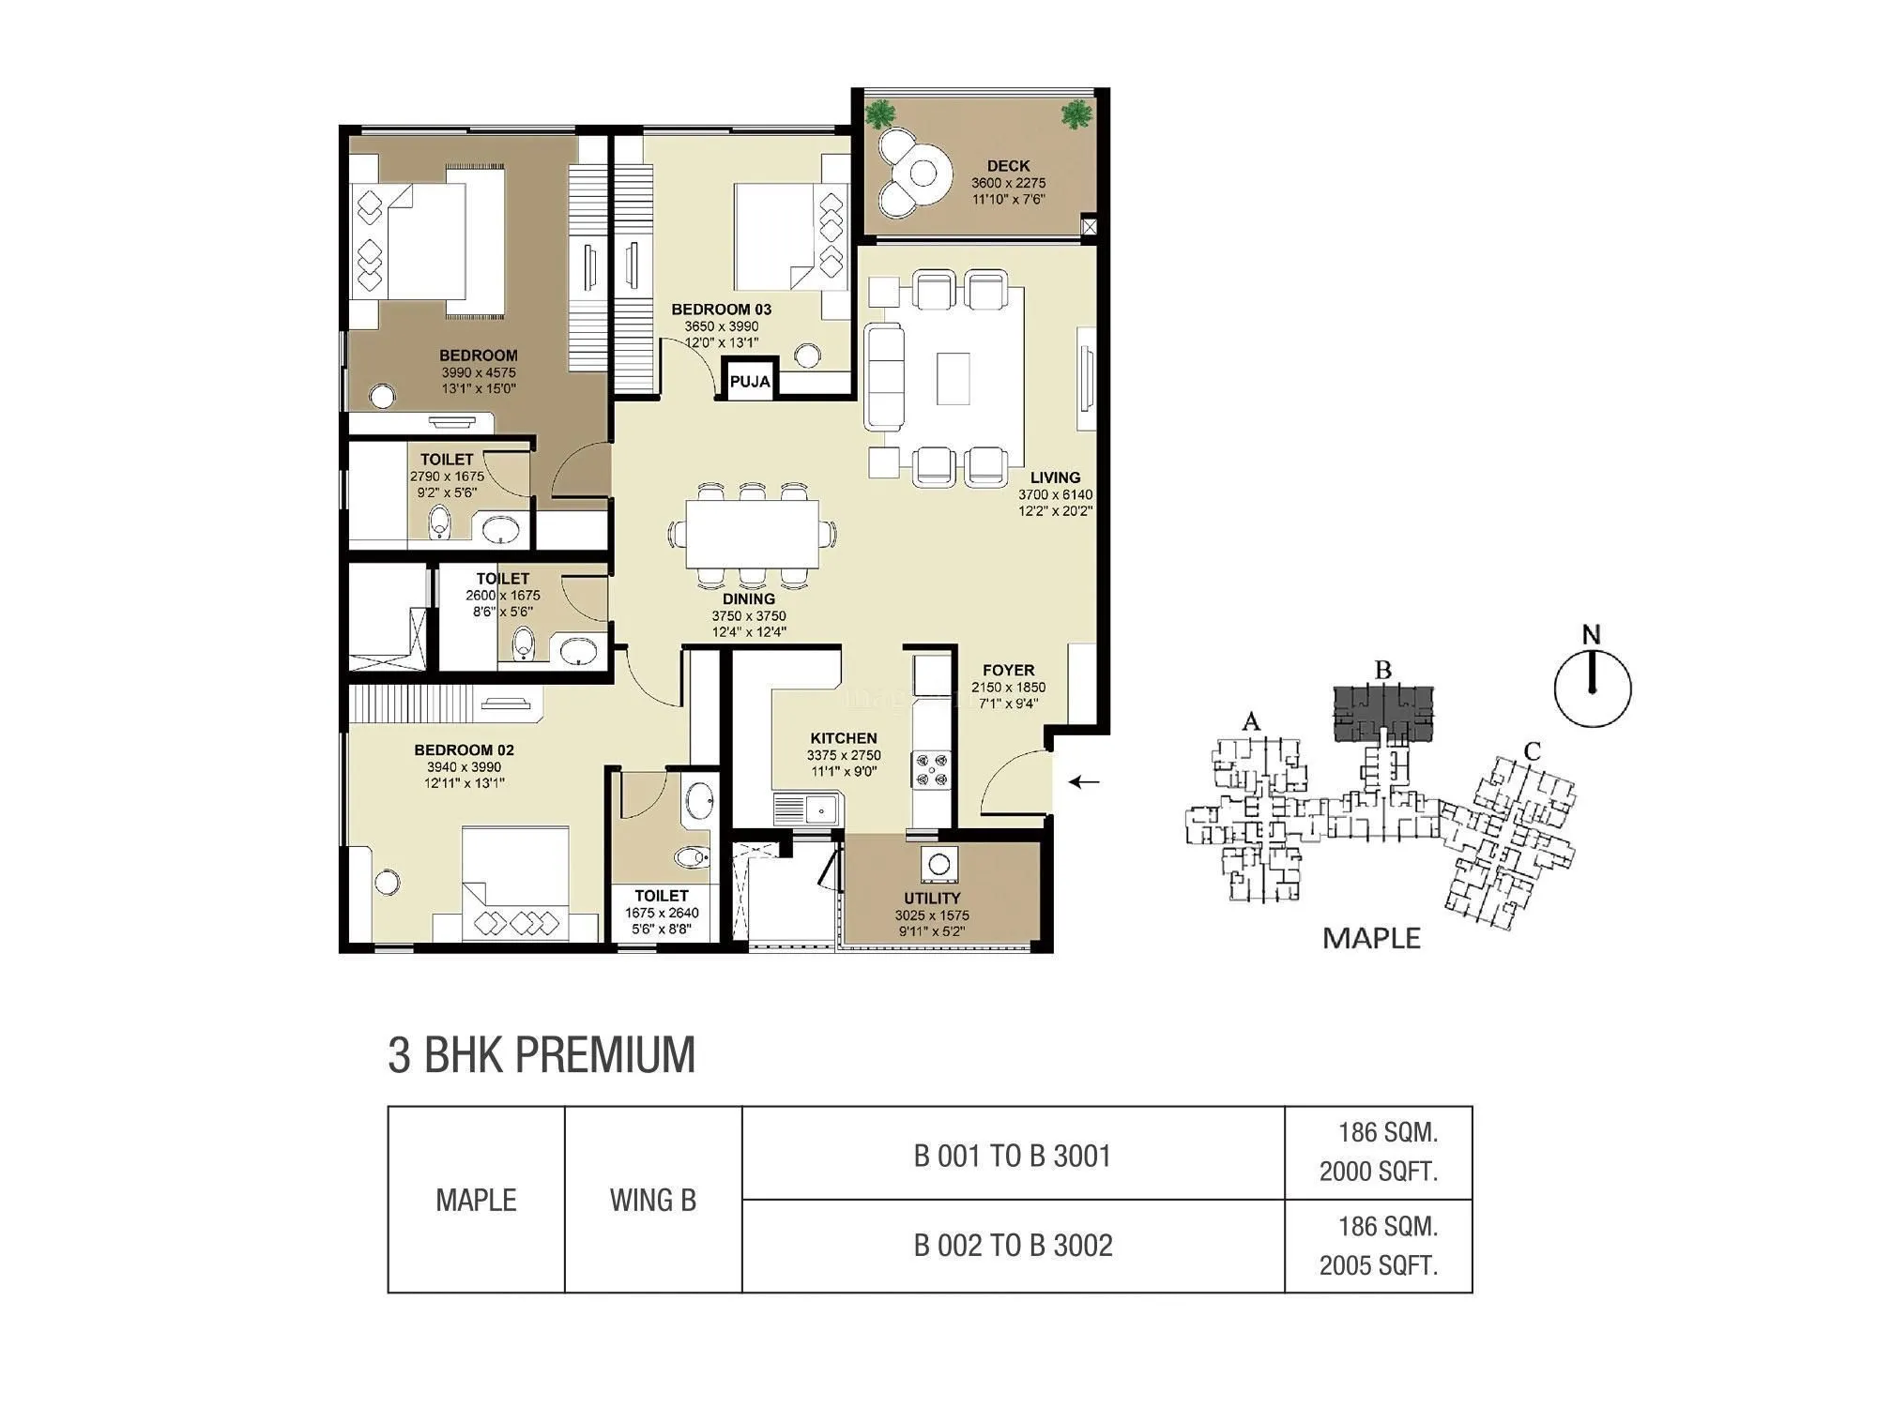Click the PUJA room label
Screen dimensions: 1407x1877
749,381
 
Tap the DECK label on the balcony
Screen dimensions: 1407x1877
1008,166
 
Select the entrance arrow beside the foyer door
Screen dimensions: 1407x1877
1086,781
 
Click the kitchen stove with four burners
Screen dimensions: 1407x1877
931,769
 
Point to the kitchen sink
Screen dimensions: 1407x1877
805,808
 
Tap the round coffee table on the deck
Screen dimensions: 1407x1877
923,174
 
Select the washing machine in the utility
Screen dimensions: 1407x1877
939,865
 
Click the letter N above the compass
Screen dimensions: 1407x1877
1591,635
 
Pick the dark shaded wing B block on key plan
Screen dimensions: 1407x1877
1383,712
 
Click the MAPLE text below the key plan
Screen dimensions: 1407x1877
1371,938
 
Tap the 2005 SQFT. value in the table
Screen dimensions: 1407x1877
1378,1265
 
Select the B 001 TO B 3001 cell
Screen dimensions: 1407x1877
1013,1156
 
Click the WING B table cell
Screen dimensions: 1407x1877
652,1200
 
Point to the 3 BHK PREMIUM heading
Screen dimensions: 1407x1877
542,1054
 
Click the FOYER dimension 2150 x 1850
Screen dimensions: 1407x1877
1008,688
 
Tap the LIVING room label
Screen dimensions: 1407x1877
1055,477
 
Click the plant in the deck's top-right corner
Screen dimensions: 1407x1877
1076,114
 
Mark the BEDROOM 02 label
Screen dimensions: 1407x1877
464,749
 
